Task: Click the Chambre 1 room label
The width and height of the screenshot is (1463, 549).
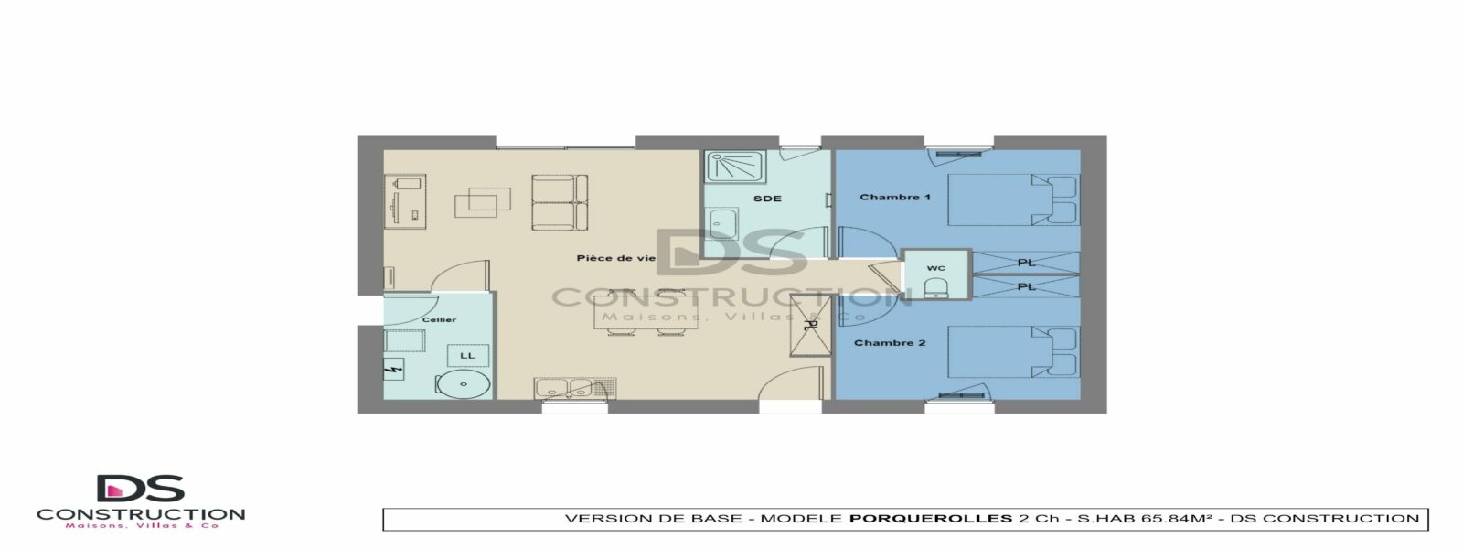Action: coord(895,197)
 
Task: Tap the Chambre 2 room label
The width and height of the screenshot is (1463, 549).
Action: coord(890,342)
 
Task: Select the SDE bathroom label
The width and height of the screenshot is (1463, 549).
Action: coord(767,199)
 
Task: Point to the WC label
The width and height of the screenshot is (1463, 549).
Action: coord(936,268)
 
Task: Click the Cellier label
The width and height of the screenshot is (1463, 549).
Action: coord(439,319)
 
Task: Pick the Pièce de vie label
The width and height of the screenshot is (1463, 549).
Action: coord(616,258)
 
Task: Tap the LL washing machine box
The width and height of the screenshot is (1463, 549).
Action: coord(467,356)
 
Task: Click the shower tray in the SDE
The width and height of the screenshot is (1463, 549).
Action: coord(735,167)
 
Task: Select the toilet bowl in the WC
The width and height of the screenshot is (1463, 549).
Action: coord(936,287)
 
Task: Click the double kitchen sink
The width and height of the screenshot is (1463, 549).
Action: coord(563,388)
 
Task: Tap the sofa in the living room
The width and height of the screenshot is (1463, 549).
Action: coord(560,202)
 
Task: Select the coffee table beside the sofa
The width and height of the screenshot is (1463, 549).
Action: coord(483,202)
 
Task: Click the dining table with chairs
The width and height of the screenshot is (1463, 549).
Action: coord(646,312)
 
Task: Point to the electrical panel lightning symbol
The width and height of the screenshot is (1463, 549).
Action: coord(393,370)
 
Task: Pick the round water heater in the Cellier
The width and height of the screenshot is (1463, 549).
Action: coord(464,384)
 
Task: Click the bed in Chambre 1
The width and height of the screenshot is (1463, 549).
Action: coord(1012,199)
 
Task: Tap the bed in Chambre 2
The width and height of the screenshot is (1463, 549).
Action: coord(1012,351)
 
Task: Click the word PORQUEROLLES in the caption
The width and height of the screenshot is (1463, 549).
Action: coord(931,519)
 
